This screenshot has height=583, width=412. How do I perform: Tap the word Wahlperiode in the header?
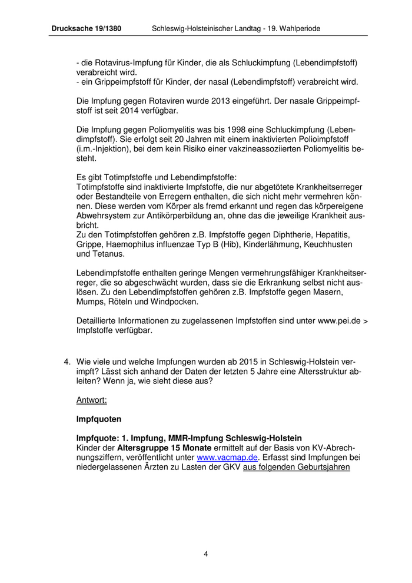298,28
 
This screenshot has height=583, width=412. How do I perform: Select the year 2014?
120,110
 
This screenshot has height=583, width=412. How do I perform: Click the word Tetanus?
108,254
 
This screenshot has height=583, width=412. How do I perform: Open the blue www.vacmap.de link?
227,457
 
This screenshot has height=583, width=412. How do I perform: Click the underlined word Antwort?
92,400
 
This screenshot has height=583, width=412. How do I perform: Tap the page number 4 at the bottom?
206,554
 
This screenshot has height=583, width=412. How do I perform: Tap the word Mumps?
90,302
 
